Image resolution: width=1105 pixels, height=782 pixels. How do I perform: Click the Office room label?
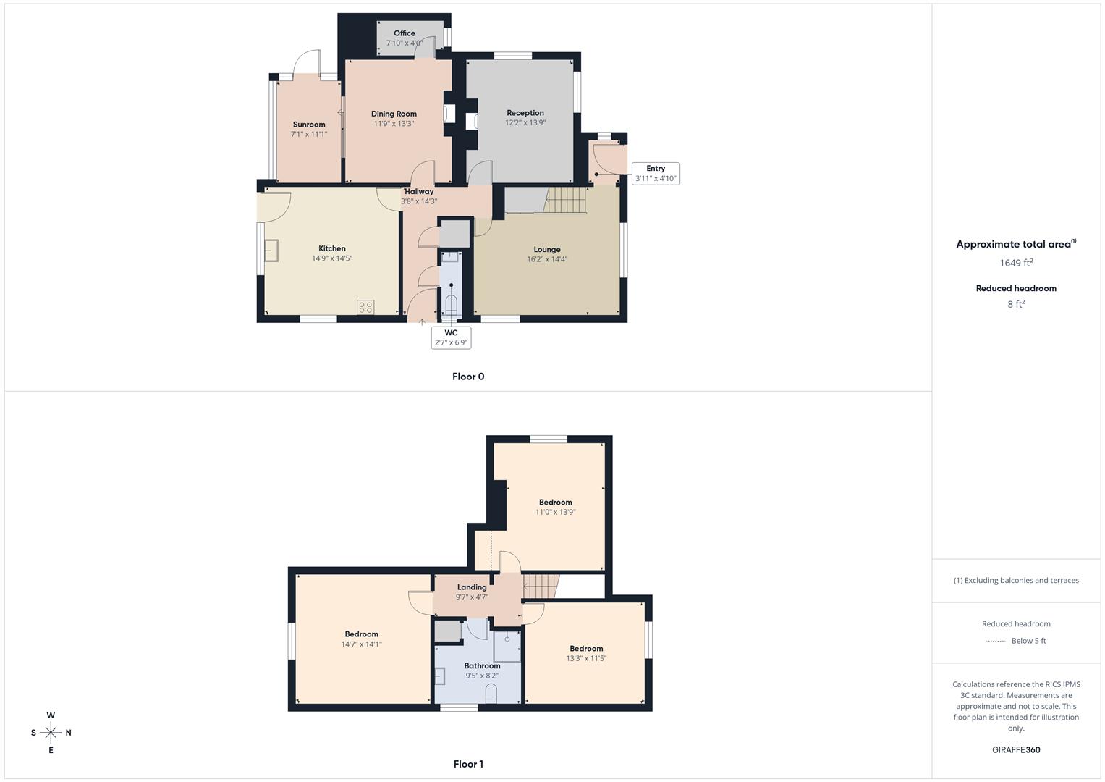tap(405, 33)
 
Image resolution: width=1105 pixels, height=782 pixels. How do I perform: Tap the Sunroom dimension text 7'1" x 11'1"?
tap(309, 134)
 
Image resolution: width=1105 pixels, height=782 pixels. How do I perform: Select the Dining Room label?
tap(394, 114)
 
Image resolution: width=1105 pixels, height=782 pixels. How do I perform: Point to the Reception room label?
tap(525, 113)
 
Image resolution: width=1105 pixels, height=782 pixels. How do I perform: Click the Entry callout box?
tap(656, 174)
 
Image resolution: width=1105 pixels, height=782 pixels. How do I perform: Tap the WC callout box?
tap(451, 337)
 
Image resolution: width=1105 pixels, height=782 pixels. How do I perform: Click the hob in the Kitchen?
tap(365, 307)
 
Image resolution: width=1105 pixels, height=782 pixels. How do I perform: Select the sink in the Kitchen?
tap(271, 251)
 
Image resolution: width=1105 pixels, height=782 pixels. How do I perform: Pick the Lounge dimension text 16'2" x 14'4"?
tap(547, 259)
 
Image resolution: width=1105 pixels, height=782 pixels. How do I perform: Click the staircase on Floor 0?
tap(565, 200)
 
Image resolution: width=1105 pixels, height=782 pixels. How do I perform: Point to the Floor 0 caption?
tap(468, 377)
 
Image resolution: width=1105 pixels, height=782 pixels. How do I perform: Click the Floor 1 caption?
tap(468, 764)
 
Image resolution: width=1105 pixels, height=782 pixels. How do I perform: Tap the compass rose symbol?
tap(51, 733)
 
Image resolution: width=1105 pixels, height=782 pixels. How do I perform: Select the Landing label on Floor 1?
tap(472, 587)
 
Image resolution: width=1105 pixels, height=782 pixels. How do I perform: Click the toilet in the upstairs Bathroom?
tap(491, 693)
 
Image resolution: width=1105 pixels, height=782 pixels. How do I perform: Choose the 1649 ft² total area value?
tap(1016, 263)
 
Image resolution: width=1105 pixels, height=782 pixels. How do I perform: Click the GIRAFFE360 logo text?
tap(1016, 750)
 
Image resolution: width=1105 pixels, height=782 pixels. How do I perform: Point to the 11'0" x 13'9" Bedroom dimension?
tap(556, 512)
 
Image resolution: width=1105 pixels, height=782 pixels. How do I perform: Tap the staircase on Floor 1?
tap(541, 586)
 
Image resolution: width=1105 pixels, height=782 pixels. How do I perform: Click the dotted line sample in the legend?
tap(996, 641)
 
